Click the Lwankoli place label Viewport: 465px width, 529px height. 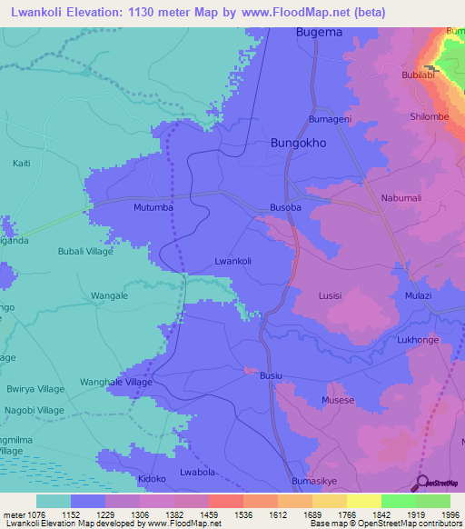tap(232, 261)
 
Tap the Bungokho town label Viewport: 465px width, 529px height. tap(299, 144)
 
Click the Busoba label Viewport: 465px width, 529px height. tap(285, 207)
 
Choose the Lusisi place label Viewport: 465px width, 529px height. tap(331, 295)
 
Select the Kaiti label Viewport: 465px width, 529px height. tap(21, 164)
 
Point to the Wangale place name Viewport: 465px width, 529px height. tap(110, 296)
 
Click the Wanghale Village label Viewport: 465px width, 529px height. tap(115, 383)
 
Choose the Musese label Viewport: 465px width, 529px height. tap(338, 400)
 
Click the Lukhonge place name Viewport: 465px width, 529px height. tap(418, 340)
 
